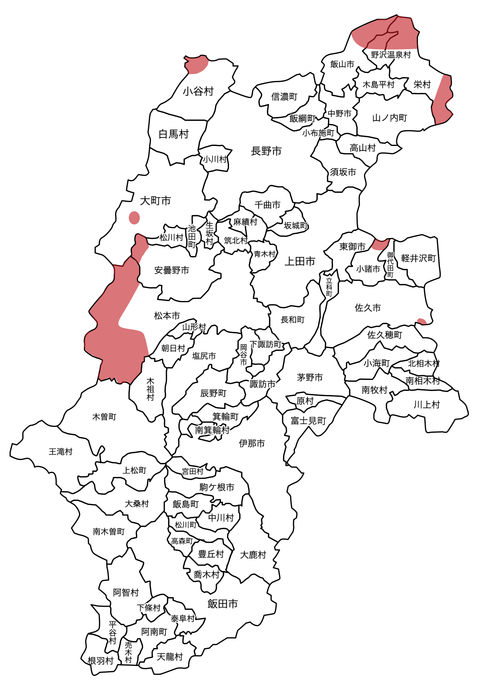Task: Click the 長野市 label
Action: click(x=266, y=151)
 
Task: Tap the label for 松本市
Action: click(x=167, y=315)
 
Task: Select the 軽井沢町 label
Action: click(x=418, y=258)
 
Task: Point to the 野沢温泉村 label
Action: click(x=391, y=55)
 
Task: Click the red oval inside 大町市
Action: click(x=134, y=217)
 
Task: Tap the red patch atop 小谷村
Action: click(x=197, y=65)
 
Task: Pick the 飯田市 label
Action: click(x=223, y=604)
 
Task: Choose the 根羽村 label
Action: click(x=100, y=661)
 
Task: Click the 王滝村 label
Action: click(x=61, y=451)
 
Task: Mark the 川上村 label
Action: click(x=426, y=405)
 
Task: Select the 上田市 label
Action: click(x=300, y=261)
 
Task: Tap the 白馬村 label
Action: click(x=174, y=134)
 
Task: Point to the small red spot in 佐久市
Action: click(x=422, y=322)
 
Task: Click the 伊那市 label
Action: click(x=252, y=443)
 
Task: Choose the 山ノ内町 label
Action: click(x=390, y=118)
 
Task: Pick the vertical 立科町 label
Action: click(x=329, y=286)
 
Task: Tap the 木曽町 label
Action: click(x=104, y=417)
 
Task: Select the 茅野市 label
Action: click(x=310, y=377)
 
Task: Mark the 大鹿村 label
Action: click(x=253, y=555)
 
